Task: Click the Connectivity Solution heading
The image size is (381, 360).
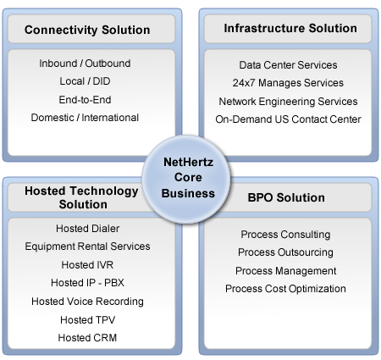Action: (87, 30)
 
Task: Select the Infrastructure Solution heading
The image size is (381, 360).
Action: (290, 28)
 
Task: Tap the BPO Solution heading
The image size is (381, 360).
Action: (286, 197)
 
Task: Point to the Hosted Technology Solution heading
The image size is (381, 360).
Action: (81, 197)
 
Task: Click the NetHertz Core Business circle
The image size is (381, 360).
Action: (186, 180)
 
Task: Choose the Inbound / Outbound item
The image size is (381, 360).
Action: (85, 64)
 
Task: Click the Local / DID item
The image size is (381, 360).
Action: (85, 81)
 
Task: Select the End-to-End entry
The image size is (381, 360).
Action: (85, 100)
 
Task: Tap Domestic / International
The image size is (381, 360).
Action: (85, 118)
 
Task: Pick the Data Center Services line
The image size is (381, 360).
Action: (288, 65)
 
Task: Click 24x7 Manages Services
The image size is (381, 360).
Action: (288, 83)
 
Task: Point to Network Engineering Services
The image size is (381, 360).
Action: (288, 102)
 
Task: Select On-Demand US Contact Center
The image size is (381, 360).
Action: (288, 119)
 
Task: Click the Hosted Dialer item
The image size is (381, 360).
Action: (87, 229)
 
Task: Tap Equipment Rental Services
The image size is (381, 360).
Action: (87, 246)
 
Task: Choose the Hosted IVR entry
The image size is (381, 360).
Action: (87, 265)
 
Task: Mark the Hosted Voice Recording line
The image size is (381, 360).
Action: (87, 302)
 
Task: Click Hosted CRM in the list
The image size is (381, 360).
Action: (87, 338)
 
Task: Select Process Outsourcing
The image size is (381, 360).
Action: (285, 252)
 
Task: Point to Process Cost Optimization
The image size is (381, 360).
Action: (285, 289)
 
